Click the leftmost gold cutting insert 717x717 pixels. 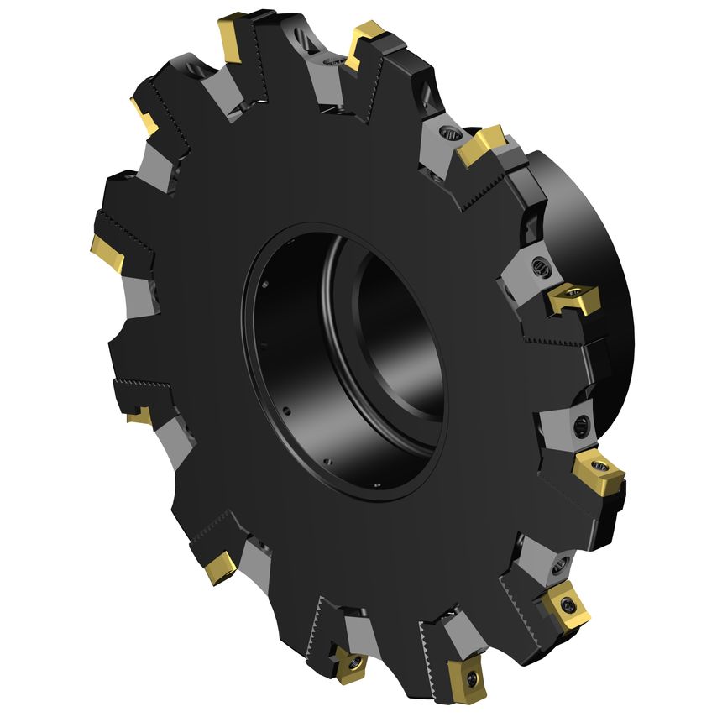point(107,252)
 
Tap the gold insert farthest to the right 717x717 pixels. point(599,473)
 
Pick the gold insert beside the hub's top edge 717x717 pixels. point(480,144)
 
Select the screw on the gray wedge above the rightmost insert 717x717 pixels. point(578,426)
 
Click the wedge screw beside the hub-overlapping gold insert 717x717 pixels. point(539,268)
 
